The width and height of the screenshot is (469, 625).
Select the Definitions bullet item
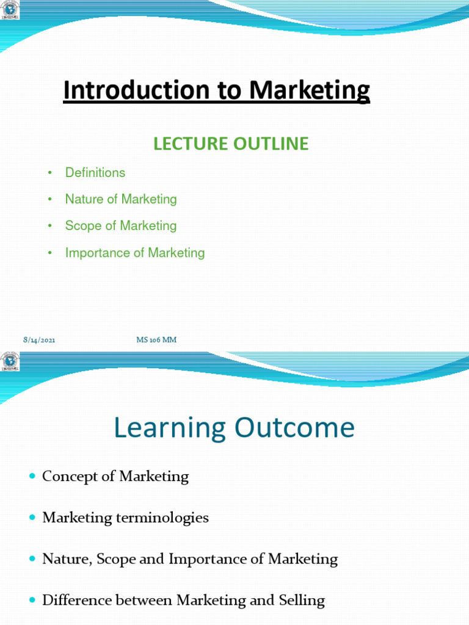coord(95,173)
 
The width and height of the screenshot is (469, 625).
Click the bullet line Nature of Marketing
coord(121,199)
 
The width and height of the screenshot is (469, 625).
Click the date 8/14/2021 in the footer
coord(38,340)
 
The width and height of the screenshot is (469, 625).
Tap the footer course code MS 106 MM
coord(156,340)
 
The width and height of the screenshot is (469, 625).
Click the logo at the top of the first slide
coord(10,10)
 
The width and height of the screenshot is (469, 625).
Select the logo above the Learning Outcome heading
coord(10,361)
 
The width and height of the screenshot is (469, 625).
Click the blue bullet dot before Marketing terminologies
coord(32,518)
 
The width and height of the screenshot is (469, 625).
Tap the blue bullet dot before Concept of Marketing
coord(32,476)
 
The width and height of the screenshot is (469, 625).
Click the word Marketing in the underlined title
coord(310,91)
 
